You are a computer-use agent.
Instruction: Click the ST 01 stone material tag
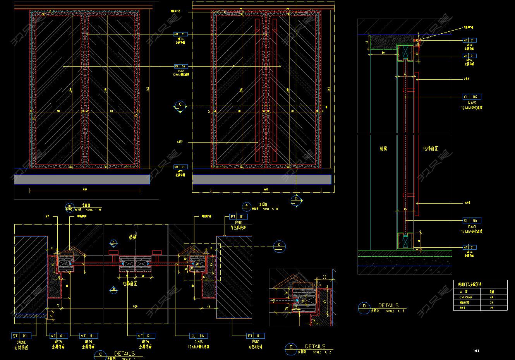[20, 336]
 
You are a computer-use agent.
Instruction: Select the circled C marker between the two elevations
[180, 105]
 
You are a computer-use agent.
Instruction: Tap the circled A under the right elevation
[246, 205]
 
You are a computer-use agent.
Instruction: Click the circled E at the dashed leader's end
[279, 246]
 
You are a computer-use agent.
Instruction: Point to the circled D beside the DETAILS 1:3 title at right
[364, 307]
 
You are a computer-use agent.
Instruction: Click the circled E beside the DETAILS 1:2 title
[290, 348]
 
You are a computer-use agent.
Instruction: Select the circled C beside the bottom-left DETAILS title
[100, 354]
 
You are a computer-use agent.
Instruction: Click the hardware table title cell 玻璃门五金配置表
[468, 284]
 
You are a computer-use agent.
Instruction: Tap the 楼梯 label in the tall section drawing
[383, 148]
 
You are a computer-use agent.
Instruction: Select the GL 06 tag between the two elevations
[181, 67]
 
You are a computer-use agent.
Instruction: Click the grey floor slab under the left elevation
[82, 179]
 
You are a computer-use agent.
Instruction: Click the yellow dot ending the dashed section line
[326, 107]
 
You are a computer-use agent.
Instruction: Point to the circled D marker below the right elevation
[296, 199]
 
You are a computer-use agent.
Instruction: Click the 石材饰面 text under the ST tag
[21, 348]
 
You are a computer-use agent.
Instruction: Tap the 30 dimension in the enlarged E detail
[324, 277]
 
